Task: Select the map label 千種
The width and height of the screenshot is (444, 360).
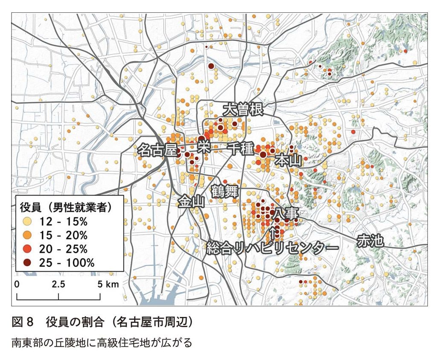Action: (241, 149)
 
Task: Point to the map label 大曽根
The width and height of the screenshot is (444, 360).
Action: (242, 110)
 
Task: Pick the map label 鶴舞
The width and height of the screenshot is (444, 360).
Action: (225, 192)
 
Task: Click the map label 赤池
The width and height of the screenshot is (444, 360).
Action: (370, 241)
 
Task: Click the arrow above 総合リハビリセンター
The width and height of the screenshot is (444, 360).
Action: (274, 232)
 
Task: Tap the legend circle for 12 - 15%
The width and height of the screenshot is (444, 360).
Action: (28, 221)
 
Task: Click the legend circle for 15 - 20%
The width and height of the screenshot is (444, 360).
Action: (28, 235)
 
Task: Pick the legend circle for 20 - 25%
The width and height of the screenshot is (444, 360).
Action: (28, 249)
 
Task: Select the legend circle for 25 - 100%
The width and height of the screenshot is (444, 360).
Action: (28, 262)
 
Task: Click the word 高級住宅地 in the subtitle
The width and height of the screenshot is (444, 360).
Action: (107, 342)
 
